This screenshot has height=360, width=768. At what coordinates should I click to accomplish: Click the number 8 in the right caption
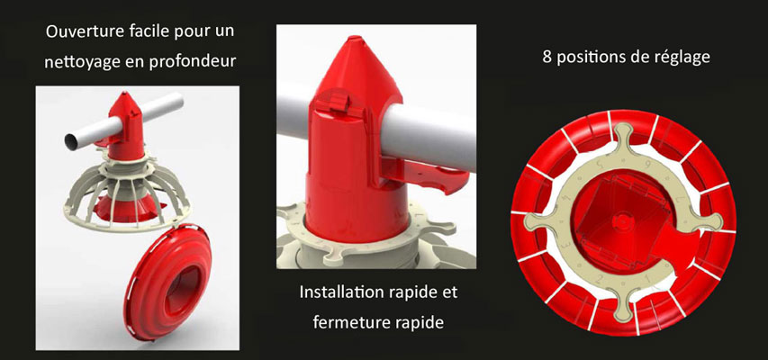[547, 58]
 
